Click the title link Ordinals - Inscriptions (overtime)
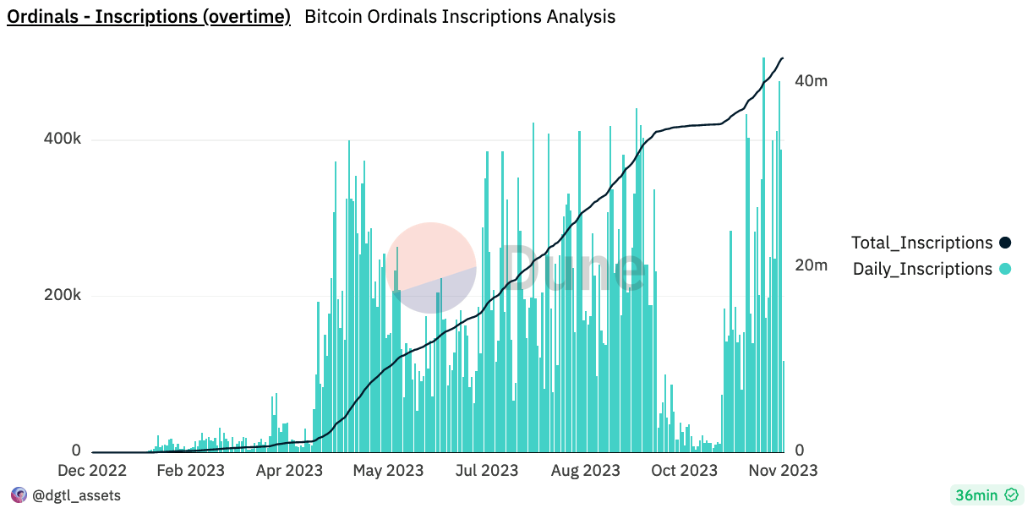pos(149,17)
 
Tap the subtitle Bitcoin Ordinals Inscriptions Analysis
pos(459,17)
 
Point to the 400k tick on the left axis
pos(62,139)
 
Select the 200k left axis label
pos(62,296)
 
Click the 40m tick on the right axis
pos(811,81)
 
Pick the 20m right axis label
pos(811,265)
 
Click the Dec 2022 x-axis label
pos(91,471)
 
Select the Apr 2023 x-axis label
pos(288,471)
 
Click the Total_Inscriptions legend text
pos(921,243)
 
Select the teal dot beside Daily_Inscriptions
pos(1005,270)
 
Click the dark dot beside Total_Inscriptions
pos(1005,243)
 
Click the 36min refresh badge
pos(986,495)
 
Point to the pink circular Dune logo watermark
pos(431,267)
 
